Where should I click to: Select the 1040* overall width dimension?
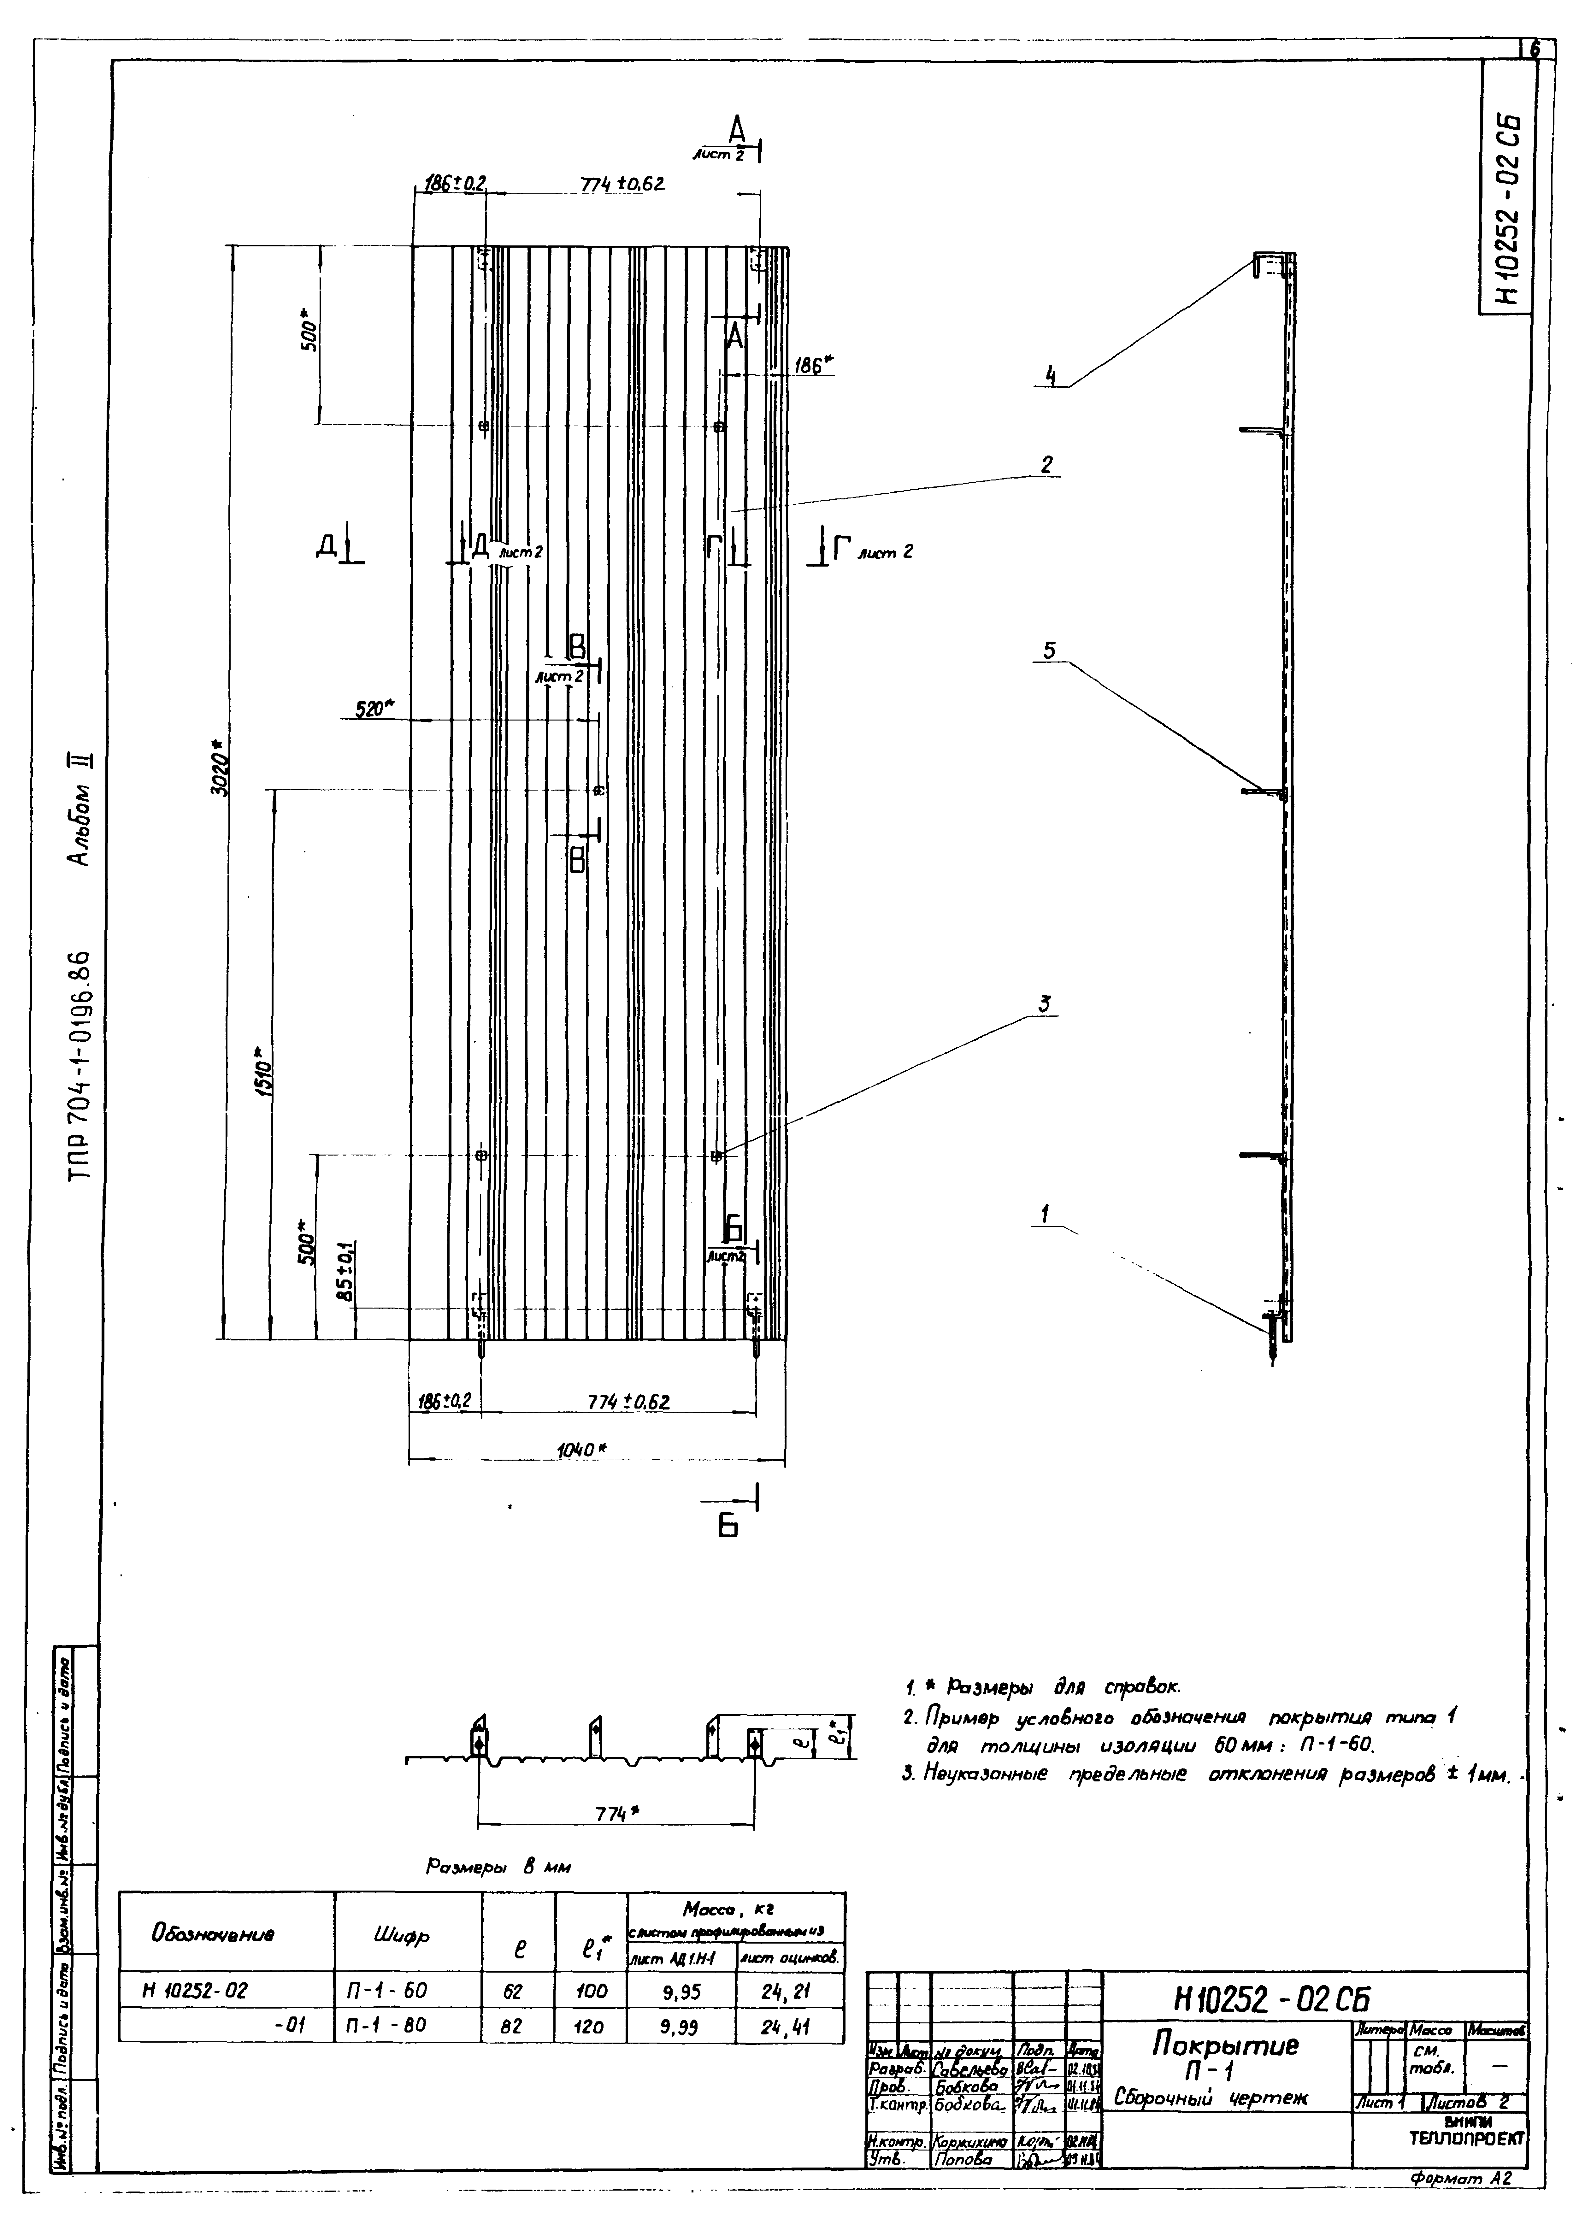coord(582,1450)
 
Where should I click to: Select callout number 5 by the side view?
coord(1049,650)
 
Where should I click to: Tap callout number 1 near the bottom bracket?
coord(1044,1214)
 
